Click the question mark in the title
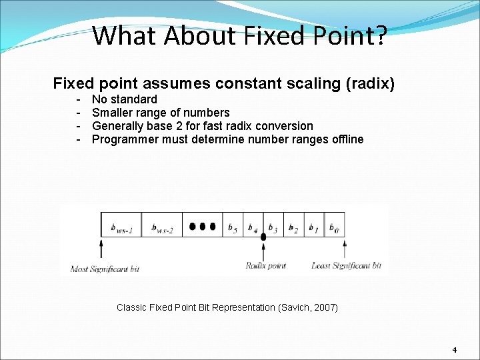tap(380, 35)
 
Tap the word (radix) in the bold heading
tap(370, 84)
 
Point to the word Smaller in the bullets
tap(113, 113)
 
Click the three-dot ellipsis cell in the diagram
tap(202, 227)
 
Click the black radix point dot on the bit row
tap(263, 236)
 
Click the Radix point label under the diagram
tap(265, 266)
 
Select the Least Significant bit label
tap(346, 266)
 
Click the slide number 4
tap(454, 350)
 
